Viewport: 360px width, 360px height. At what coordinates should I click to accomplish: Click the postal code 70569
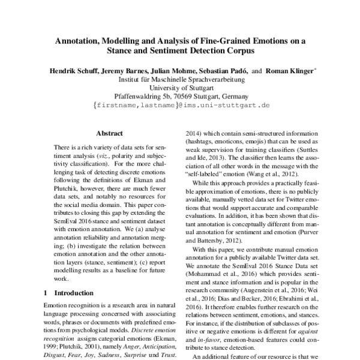tap(171, 96)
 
